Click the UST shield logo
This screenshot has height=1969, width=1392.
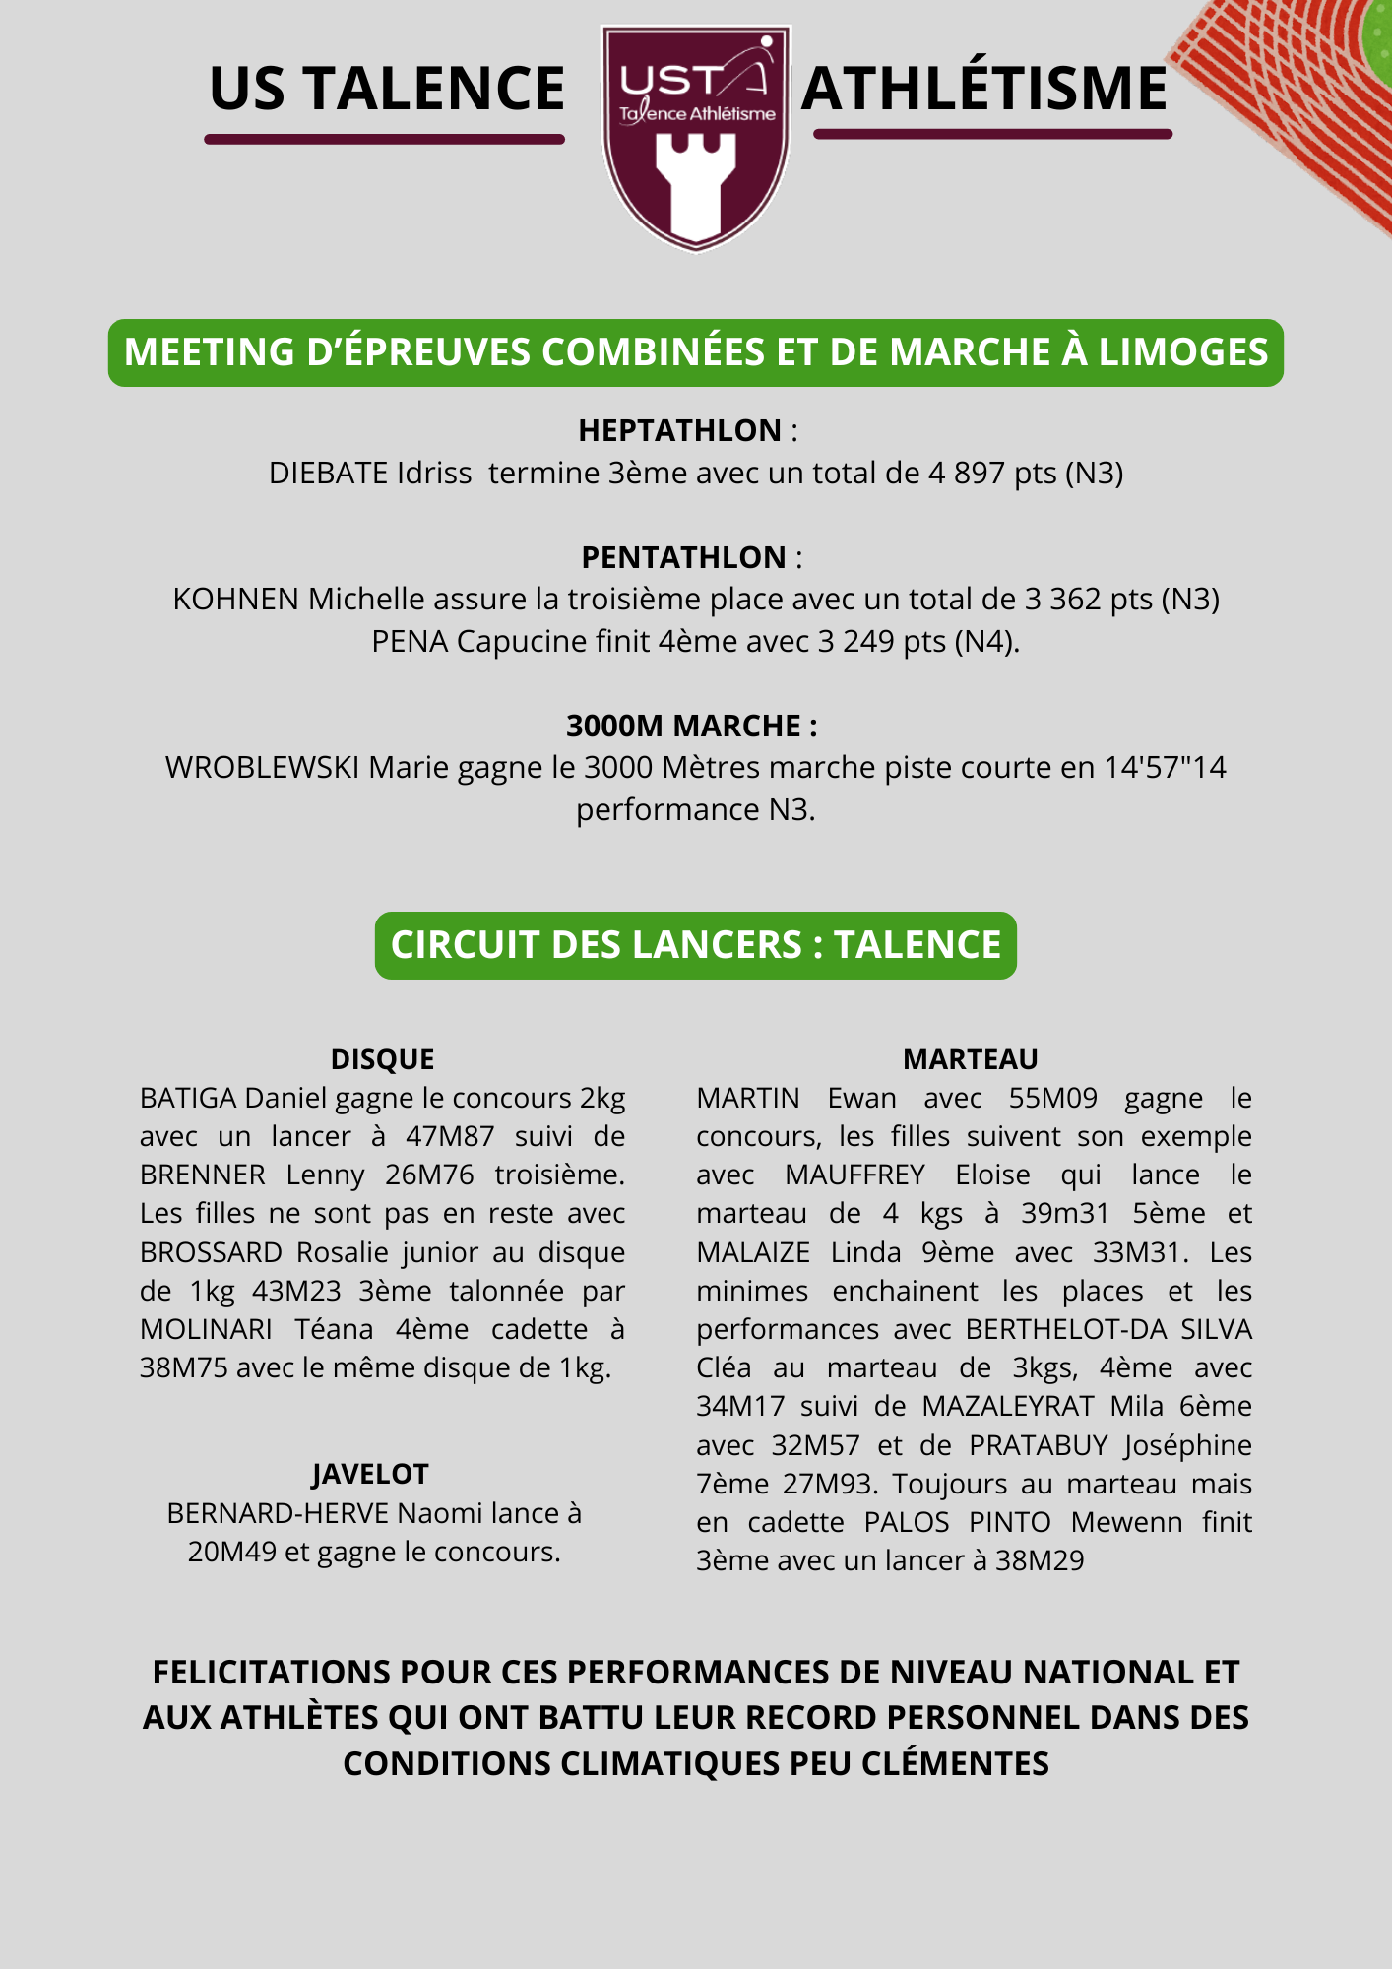696,138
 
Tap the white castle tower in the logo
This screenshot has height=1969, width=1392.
696,187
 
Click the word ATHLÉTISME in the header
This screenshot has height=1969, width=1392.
983,89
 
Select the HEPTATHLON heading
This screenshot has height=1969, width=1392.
679,430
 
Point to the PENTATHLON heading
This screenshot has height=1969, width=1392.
683,557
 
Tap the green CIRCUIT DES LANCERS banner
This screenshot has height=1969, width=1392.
695,945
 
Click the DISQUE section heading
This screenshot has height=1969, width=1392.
382,1059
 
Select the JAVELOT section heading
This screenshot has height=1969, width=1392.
370,1474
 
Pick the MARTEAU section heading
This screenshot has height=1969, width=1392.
971,1059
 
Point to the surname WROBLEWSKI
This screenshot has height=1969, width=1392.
262,767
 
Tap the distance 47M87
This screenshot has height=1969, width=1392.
450,1136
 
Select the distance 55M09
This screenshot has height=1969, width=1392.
1052,1098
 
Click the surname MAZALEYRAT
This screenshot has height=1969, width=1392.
1007,1406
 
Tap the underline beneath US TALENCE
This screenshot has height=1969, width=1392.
384,139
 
